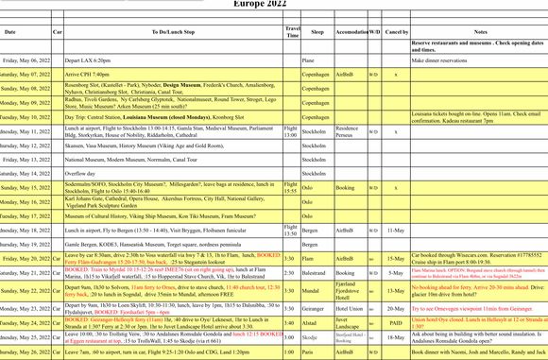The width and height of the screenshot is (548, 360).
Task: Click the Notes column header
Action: [x=479, y=32]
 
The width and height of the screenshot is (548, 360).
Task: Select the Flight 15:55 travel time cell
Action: [x=291, y=188]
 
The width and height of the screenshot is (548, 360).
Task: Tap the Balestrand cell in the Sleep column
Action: [x=317, y=271]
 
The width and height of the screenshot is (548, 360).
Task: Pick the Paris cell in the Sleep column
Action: [x=317, y=352]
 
